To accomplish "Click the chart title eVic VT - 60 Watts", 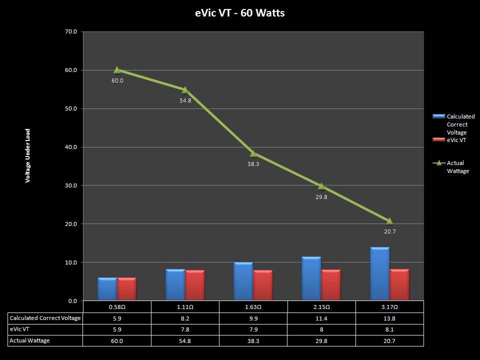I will (240, 13).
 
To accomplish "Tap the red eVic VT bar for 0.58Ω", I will (127, 289).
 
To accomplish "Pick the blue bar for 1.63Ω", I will (243, 281).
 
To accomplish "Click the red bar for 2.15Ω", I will (331, 285).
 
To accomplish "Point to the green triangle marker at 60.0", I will (117, 70).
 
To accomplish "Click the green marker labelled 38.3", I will (253, 153).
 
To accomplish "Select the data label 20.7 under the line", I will (389, 231).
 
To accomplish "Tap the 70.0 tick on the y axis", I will (71, 32).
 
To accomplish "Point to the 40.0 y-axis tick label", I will (71, 147).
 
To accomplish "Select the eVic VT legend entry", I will (456, 140).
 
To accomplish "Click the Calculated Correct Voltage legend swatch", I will (438, 116).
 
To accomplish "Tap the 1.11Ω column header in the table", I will (185, 306).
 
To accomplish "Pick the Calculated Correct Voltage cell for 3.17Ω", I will (389, 318).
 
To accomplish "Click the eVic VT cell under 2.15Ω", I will (321, 329).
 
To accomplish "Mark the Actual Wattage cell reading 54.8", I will (185, 340).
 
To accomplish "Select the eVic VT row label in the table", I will (20, 329).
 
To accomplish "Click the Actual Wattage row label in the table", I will (29, 340).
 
